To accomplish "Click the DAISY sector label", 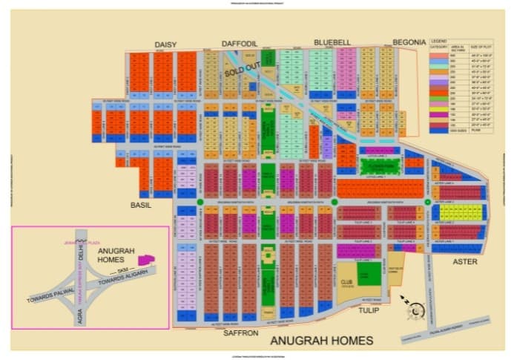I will click(x=165, y=45).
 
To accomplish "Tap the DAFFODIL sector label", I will click(x=240, y=44).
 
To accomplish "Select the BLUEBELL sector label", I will click(x=331, y=42).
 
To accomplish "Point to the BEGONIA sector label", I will click(x=409, y=43).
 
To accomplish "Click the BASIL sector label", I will click(x=140, y=205).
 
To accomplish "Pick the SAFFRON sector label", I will click(x=240, y=333).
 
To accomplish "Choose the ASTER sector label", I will click(x=466, y=262).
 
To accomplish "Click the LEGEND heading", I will click(x=438, y=40).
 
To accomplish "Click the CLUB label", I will click(x=346, y=281).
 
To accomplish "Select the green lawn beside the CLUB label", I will click(x=365, y=275).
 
